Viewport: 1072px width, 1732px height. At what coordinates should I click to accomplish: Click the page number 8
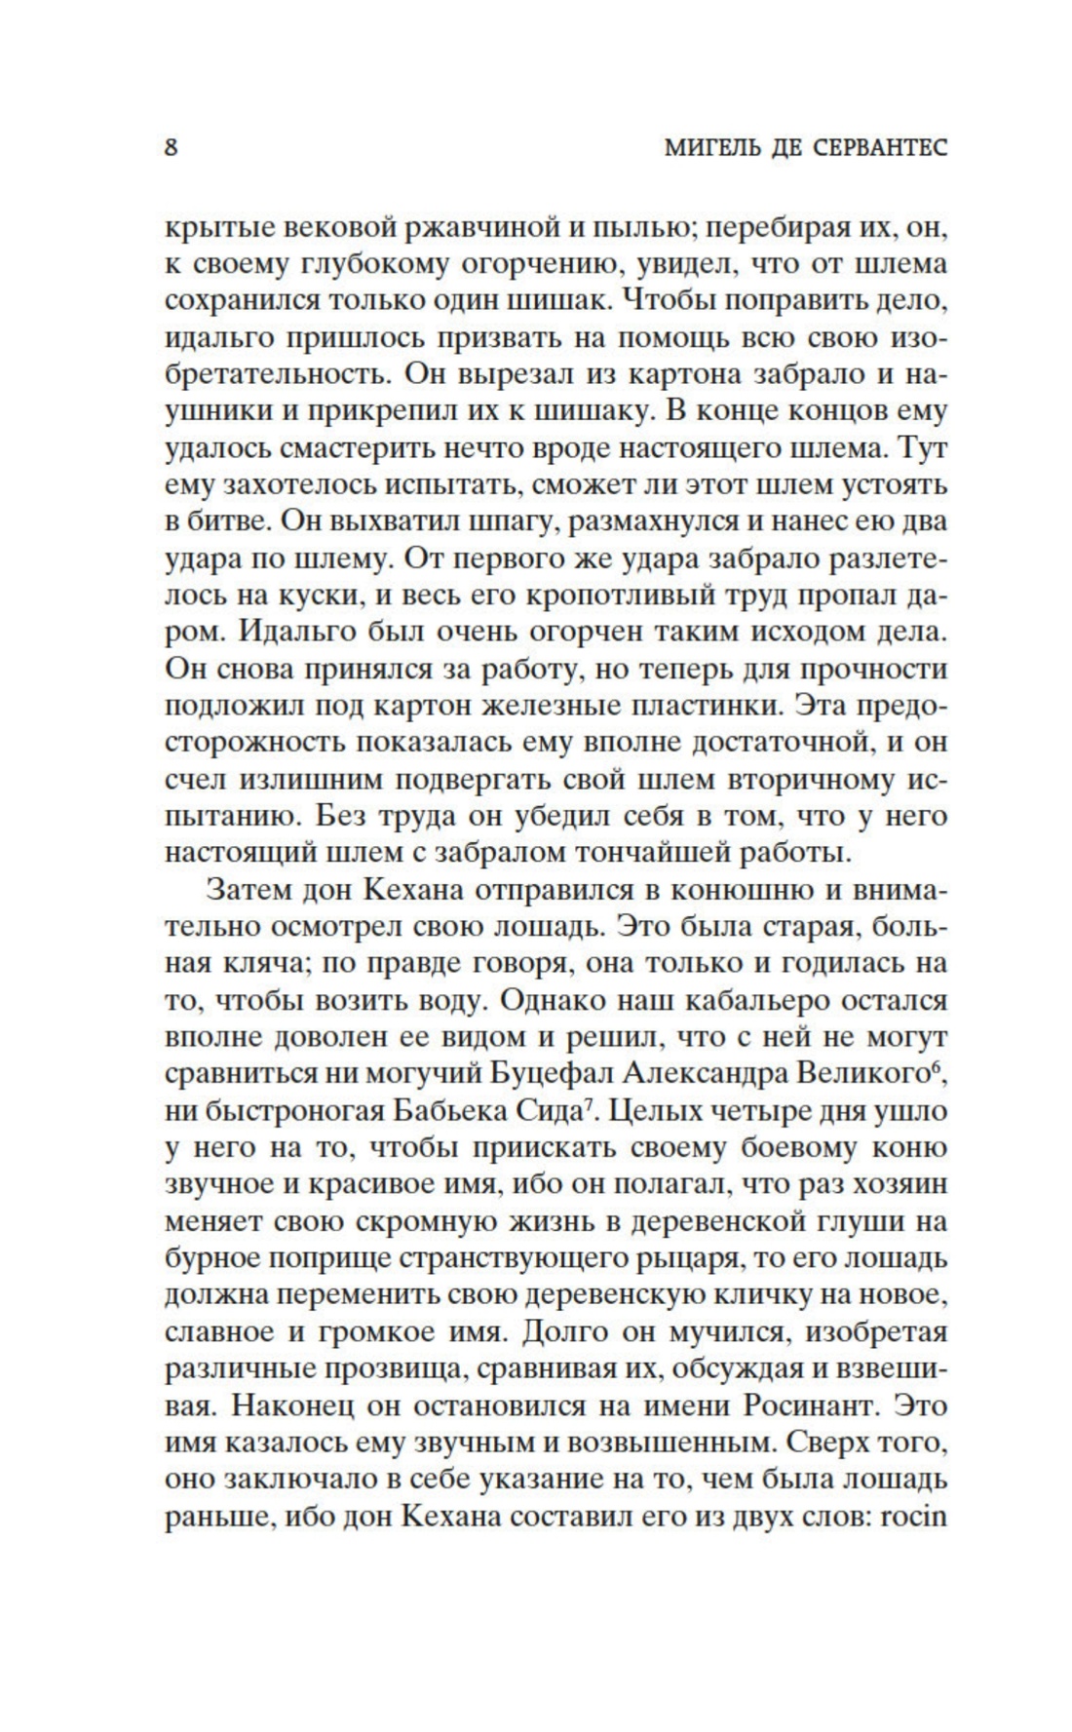(x=172, y=149)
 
